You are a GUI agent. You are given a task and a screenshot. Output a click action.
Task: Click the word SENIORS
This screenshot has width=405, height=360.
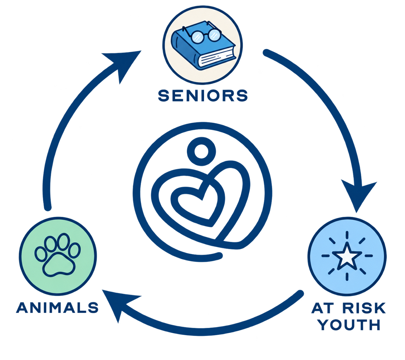203,96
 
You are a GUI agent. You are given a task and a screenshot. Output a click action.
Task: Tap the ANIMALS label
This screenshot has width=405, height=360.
57,307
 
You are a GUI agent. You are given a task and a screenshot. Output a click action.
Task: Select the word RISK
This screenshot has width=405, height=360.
364,308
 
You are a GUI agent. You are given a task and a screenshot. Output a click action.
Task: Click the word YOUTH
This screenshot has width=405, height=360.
349,325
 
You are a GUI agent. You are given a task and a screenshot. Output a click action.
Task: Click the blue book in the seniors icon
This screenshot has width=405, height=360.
203,46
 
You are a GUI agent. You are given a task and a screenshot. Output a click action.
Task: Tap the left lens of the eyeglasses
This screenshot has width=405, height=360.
197,37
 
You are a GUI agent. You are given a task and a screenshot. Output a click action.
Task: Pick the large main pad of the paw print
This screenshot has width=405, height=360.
59,265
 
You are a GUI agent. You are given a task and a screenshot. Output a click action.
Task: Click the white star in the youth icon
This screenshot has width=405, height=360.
347,256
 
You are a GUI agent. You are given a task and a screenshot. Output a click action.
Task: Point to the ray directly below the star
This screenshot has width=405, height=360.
347,277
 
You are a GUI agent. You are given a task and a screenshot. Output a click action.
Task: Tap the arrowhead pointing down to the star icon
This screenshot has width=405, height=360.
358,195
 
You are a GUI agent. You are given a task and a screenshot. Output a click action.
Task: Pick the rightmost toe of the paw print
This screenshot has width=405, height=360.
75,250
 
